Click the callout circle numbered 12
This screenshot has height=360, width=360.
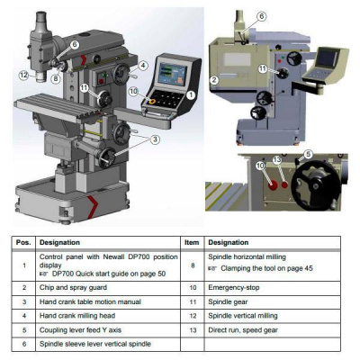pos(24,75)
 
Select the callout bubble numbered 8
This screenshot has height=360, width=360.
pos(56,79)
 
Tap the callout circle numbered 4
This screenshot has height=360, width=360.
pos(143,65)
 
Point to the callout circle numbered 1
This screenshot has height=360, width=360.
pos(191,95)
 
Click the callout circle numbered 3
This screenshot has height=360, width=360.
pos(155,139)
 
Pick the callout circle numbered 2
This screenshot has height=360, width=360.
pos(214,80)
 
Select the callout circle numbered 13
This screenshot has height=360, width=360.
pos(277,160)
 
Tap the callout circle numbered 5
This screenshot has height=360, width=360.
pos(308,154)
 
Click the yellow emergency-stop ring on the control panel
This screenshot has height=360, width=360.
pos(151,102)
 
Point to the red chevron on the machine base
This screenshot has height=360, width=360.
pos(94,206)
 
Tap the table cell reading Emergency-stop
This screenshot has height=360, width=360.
pos(234,287)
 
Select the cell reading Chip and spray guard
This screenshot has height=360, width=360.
pos(73,287)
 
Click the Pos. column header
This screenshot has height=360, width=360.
pos(23,242)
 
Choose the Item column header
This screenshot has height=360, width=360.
pos(192,242)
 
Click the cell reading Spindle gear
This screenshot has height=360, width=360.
pos(228,301)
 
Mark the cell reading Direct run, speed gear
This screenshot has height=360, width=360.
pos(243,330)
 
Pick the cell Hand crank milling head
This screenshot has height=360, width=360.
pos(77,316)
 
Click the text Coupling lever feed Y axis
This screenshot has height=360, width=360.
pos(80,330)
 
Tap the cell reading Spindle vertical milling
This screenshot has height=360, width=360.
pos(243,316)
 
